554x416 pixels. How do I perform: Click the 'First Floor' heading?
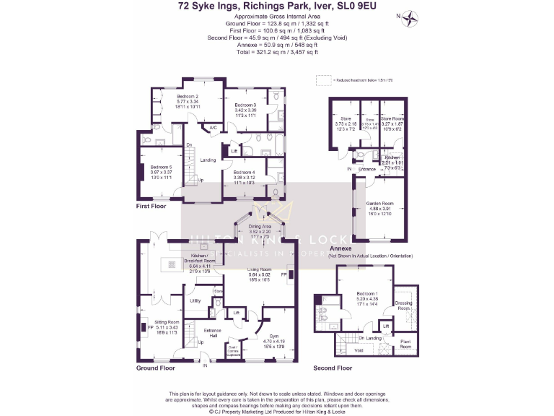(x=151, y=207)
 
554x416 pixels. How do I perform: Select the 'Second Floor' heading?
(x=333, y=368)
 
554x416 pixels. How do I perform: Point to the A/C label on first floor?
(x=214, y=129)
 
